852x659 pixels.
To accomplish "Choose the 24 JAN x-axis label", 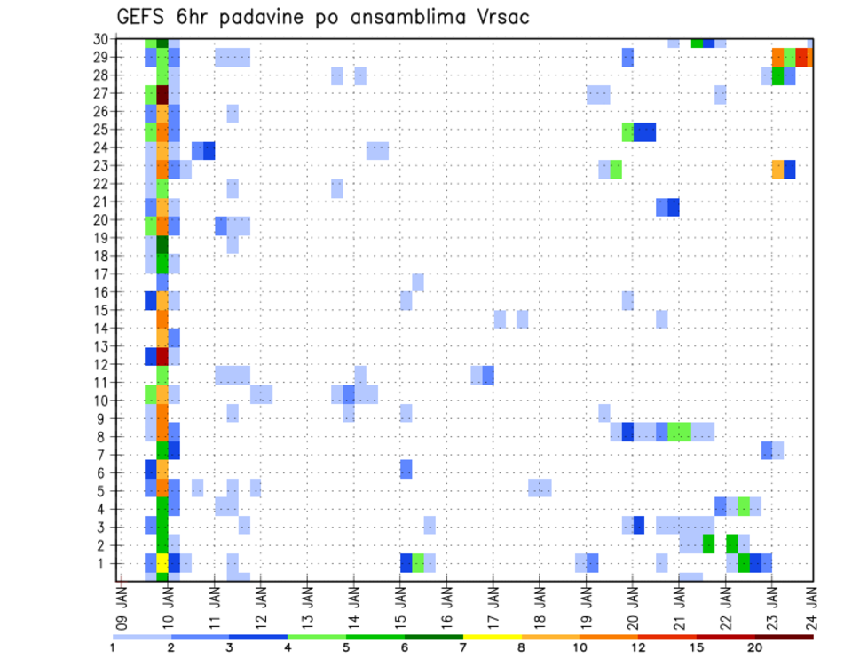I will click(810, 601).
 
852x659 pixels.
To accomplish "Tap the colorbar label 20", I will click(755, 647).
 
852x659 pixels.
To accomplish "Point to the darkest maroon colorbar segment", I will click(784, 636).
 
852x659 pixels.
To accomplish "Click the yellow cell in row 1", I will click(162, 563).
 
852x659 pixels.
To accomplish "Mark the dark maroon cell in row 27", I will click(162, 93).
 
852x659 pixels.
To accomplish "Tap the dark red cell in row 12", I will click(162, 355).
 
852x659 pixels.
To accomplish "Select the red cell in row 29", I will click(801, 57).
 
